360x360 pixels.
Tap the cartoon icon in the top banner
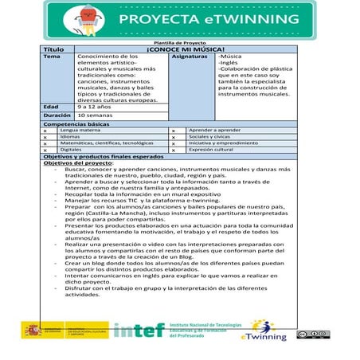83,19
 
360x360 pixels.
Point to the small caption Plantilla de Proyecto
180,43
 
